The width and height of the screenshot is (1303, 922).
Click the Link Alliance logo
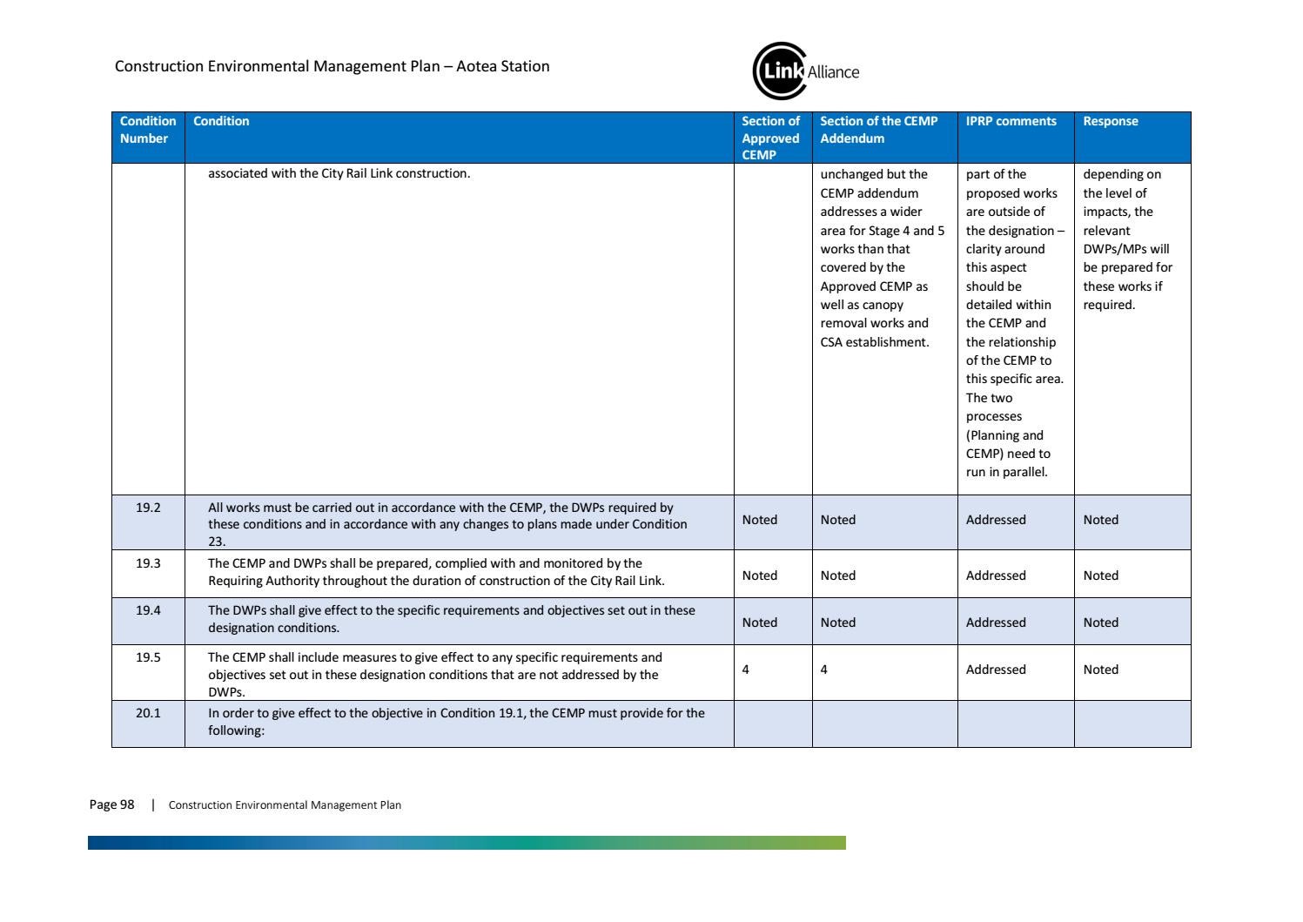point(804,71)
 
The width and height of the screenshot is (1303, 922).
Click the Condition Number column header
point(147,130)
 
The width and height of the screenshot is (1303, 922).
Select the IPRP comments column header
point(1011,122)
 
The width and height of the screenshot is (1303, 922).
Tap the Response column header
point(1110,122)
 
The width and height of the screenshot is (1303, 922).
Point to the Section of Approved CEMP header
point(770,138)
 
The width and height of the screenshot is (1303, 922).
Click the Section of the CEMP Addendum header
point(878,130)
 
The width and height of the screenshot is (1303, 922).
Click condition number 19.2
point(148,508)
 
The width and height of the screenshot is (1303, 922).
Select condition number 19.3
point(148,563)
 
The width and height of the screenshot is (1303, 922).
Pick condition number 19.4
point(148,610)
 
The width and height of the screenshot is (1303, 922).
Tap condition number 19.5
point(148,657)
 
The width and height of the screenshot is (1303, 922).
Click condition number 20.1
point(148,713)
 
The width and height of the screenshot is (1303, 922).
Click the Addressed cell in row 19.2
point(995,520)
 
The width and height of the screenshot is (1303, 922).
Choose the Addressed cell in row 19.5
point(995,670)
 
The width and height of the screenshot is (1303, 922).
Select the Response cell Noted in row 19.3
point(1100,575)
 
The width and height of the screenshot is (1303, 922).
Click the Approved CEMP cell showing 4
point(746,670)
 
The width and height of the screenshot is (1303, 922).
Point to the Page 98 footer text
point(111,804)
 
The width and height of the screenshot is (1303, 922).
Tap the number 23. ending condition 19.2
point(217,542)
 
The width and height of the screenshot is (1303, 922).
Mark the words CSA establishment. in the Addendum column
point(874,342)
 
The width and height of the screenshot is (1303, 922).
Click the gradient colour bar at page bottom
point(467,843)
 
